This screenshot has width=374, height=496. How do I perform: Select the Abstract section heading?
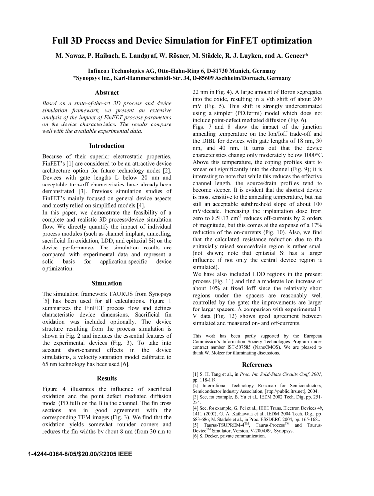pos(107,93)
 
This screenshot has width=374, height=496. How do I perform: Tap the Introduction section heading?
pos(107,146)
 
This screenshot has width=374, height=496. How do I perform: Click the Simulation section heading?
pos(107,283)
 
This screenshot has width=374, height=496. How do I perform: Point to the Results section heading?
pos(107,378)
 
